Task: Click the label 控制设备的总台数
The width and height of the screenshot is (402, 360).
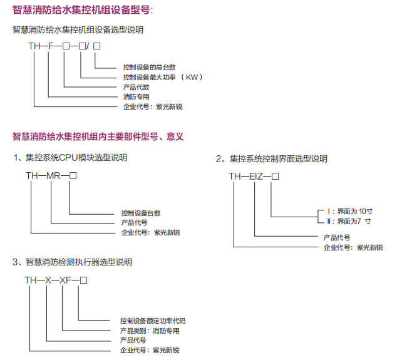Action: pos(149,67)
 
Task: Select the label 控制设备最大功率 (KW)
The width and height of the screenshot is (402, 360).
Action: pos(163,77)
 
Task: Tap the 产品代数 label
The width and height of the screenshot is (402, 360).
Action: pos(136,87)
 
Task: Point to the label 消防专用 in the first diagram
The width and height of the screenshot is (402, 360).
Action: pos(136,97)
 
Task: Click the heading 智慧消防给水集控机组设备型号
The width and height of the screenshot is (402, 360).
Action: pos(82,10)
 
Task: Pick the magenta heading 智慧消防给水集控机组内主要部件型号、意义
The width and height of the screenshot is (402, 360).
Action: pos(98,136)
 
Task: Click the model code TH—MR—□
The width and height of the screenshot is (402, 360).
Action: pos(51,176)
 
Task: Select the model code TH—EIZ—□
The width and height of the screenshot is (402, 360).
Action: pos(254,177)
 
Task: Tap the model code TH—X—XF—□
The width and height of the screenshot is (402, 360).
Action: pos(56,280)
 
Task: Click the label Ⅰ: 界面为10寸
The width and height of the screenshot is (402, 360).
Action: pos(350,211)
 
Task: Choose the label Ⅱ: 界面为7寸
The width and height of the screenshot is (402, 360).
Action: pos(349,221)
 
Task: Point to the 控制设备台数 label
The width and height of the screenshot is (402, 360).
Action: pos(141,213)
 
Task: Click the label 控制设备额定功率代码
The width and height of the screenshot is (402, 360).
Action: pos(153,321)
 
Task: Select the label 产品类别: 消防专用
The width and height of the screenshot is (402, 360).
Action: pos(150,331)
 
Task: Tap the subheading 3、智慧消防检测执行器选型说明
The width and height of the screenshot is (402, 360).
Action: pos(72,262)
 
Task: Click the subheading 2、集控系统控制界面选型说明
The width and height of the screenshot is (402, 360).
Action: pos(272,159)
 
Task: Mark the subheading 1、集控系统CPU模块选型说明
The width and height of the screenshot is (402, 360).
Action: pos(70,157)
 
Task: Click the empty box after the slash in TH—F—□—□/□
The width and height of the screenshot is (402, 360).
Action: pos(96,46)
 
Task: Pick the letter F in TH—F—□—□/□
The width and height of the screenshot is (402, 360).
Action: pos(51,46)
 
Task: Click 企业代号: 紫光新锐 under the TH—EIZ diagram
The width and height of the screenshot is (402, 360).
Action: pos(353,247)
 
